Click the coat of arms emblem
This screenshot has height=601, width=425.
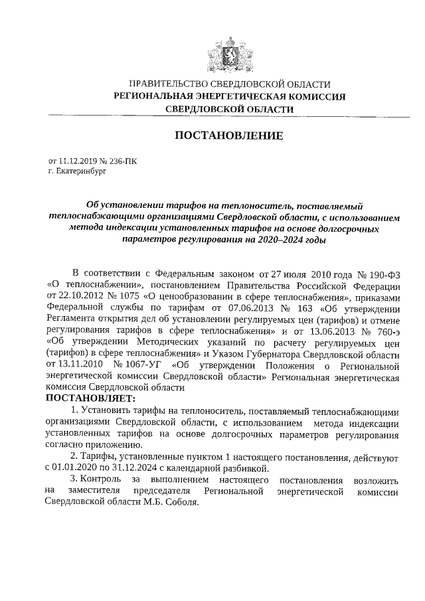[x=221, y=50]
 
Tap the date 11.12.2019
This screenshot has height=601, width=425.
[x=79, y=160]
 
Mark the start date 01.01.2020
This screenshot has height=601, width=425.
[x=80, y=468]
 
